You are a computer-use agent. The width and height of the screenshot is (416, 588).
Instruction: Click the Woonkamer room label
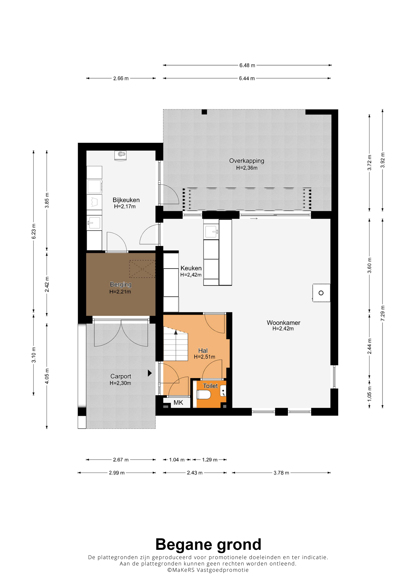[283, 323]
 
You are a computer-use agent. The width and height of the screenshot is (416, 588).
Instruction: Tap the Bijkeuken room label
[126, 200]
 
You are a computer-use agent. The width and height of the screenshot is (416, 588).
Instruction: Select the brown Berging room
[121, 284]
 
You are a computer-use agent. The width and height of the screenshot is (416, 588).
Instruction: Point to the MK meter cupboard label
[178, 403]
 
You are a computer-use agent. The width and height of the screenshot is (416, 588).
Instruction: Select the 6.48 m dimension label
[247, 65]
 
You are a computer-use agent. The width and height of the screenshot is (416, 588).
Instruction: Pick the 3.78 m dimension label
[281, 473]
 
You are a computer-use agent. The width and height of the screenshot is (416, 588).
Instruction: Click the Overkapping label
[247, 161]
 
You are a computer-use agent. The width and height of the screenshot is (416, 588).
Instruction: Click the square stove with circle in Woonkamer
[321, 293]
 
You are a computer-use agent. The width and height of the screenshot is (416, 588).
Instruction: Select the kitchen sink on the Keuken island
[211, 231]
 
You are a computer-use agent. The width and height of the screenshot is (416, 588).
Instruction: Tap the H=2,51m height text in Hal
[205, 357]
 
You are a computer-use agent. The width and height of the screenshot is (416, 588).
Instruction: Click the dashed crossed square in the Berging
[142, 269]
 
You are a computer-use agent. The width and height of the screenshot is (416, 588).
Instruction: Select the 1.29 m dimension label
[210, 460]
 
